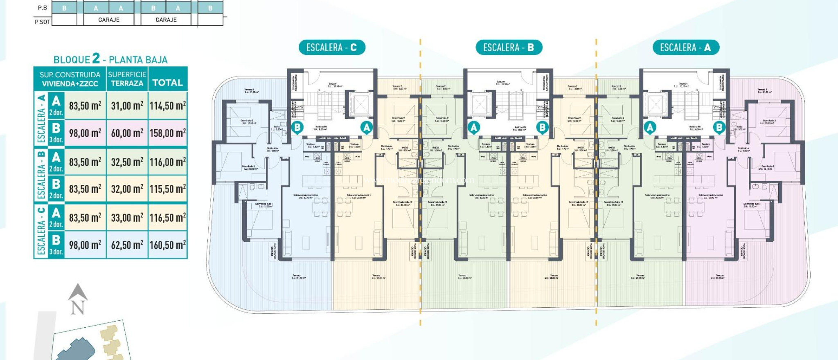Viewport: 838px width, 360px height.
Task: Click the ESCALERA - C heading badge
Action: [331, 47]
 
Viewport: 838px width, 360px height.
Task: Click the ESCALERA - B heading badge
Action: [509, 47]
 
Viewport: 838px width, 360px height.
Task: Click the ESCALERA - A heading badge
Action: [685, 47]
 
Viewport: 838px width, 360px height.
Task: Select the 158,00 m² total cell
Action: [167, 133]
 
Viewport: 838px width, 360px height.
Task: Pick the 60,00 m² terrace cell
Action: [127, 133]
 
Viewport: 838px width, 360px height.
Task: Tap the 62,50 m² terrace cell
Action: [127, 245]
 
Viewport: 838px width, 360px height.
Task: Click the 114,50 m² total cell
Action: [167, 106]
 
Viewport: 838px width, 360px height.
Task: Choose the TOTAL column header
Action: [167, 83]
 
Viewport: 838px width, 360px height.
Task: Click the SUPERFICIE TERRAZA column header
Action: [127, 79]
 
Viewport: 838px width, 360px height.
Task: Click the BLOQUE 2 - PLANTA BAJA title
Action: [110, 59]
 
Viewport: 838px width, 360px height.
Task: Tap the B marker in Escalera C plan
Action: [297, 127]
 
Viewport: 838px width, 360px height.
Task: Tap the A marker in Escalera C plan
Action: [366, 128]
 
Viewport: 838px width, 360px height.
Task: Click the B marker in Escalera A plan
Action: [719, 128]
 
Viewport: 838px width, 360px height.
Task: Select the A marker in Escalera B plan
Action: [474, 128]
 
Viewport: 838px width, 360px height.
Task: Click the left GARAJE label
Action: [109, 20]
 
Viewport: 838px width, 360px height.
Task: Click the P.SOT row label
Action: [42, 22]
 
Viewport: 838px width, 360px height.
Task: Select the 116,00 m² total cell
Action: [167, 162]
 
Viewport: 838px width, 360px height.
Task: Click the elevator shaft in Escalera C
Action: [360, 105]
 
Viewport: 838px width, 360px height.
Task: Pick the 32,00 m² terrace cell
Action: [127, 189]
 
